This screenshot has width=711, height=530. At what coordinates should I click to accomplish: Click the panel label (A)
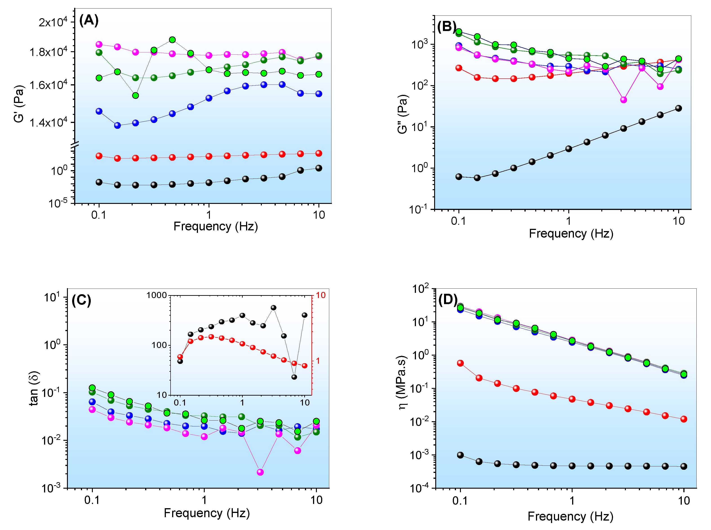(x=89, y=20)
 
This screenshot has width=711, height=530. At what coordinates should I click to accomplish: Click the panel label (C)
(x=81, y=300)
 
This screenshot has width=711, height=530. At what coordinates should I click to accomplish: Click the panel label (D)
(x=448, y=299)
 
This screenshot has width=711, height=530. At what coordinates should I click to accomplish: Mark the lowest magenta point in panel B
(x=623, y=100)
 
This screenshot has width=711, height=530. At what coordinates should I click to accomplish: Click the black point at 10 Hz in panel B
(x=678, y=108)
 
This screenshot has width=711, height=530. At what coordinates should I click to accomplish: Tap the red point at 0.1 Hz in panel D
(x=460, y=363)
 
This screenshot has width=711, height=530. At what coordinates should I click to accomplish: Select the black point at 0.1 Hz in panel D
(x=460, y=455)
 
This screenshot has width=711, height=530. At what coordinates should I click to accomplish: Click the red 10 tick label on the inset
(x=320, y=295)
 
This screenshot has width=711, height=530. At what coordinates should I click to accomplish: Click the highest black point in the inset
(x=273, y=308)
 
